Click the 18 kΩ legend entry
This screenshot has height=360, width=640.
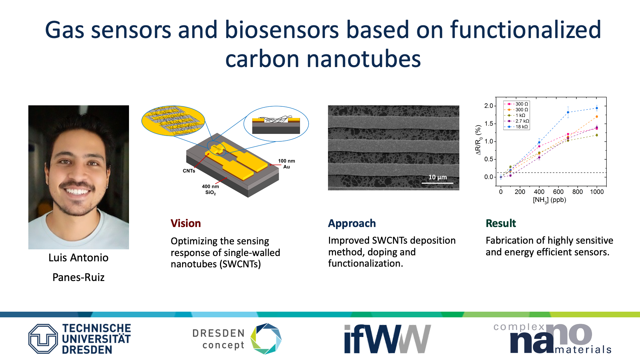[x=518, y=127]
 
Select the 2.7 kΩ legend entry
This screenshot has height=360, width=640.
[x=518, y=121]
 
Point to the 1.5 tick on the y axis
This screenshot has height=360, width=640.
[x=489, y=124]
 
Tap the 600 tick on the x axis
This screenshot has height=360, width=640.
[x=558, y=192]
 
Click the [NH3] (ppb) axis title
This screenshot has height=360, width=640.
[x=549, y=200]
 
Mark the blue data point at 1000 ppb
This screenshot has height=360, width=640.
[x=597, y=108]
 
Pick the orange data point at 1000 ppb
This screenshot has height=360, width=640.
[x=597, y=117]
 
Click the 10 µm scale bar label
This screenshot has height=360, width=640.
[x=438, y=177]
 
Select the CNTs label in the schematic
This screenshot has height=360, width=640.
[x=189, y=171]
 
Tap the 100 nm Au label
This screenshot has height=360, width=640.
[x=287, y=164]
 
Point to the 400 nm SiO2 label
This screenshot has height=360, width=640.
[x=210, y=189]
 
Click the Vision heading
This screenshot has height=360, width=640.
[x=186, y=223]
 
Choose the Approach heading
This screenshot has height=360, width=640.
[x=352, y=223]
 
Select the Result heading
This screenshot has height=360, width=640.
[x=501, y=223]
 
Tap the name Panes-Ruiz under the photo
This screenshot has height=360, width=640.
[x=79, y=277]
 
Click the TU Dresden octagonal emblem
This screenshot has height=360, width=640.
[x=43, y=339]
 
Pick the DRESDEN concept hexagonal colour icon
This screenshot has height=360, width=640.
[x=266, y=339]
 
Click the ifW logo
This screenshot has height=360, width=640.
[x=388, y=339]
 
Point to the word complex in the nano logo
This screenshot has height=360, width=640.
[x=519, y=327]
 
